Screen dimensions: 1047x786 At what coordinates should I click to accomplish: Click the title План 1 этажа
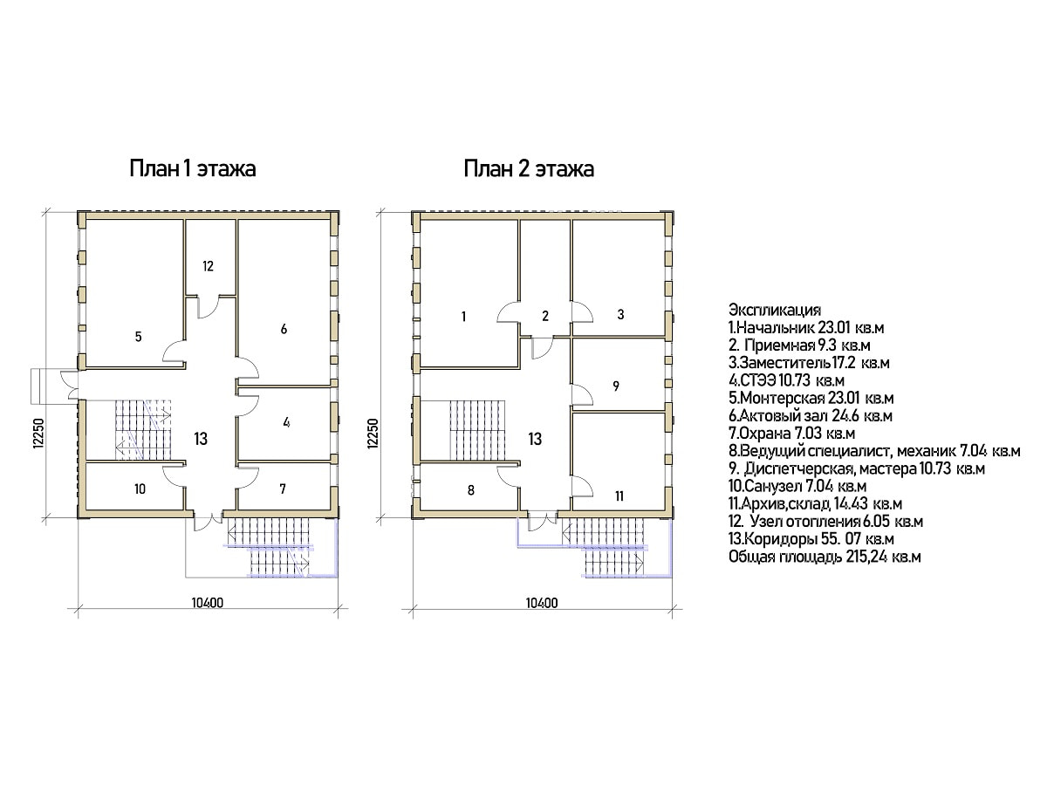(x=193, y=169)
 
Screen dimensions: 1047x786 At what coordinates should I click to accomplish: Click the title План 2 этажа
(x=529, y=169)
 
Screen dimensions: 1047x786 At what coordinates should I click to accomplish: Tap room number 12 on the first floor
(x=208, y=266)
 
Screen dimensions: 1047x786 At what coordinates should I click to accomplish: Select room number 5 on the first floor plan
(x=139, y=337)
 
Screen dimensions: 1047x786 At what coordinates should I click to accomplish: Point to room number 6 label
(x=284, y=329)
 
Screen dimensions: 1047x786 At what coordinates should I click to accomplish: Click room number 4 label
(x=286, y=422)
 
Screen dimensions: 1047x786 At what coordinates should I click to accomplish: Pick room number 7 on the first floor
(x=283, y=489)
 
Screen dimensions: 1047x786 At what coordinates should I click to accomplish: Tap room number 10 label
(x=140, y=489)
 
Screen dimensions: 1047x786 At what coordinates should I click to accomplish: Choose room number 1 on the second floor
(x=463, y=316)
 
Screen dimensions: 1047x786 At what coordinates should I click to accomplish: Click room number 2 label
(x=545, y=315)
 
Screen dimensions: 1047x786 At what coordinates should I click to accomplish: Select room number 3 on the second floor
(x=620, y=314)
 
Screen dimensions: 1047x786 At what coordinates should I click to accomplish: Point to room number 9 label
(x=616, y=386)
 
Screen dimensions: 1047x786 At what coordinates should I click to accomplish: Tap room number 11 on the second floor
(x=619, y=496)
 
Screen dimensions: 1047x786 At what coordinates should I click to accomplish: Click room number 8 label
(x=471, y=490)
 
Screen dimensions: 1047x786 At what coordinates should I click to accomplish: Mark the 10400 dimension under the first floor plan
(x=208, y=603)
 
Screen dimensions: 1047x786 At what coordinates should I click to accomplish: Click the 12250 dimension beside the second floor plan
(x=373, y=434)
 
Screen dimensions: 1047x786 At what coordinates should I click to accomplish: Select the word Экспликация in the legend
(x=775, y=310)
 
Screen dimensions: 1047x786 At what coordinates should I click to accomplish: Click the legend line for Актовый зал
(x=811, y=415)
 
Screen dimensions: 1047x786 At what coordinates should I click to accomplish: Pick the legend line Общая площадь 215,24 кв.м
(x=825, y=557)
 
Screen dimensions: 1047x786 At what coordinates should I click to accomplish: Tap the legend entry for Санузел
(x=797, y=486)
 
